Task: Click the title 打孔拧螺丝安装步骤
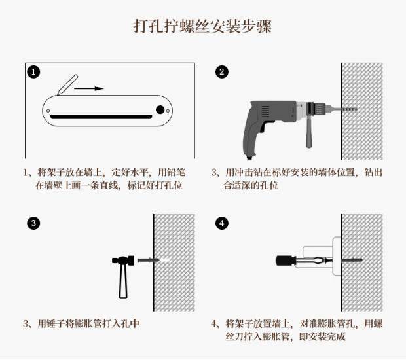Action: (x=202, y=26)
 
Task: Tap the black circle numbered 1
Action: (x=33, y=72)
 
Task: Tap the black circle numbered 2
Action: (x=221, y=72)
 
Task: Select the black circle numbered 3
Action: (x=33, y=223)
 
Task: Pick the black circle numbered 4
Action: (x=221, y=223)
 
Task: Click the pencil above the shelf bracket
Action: (x=67, y=84)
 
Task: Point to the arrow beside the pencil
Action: (x=89, y=88)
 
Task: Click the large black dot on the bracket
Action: (x=160, y=110)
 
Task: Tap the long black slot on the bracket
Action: (x=101, y=117)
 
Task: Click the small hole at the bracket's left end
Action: (x=48, y=111)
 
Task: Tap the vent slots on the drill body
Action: (x=265, y=112)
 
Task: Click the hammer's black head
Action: (x=123, y=261)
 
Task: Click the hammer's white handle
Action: (x=123, y=281)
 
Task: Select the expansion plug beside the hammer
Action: (x=148, y=260)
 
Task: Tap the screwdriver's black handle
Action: (x=285, y=261)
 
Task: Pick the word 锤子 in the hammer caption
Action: (x=55, y=324)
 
